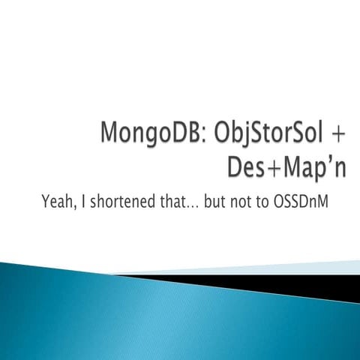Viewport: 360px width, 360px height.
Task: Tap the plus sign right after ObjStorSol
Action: coord(338,137)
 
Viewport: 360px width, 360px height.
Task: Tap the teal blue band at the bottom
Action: coord(150,322)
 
